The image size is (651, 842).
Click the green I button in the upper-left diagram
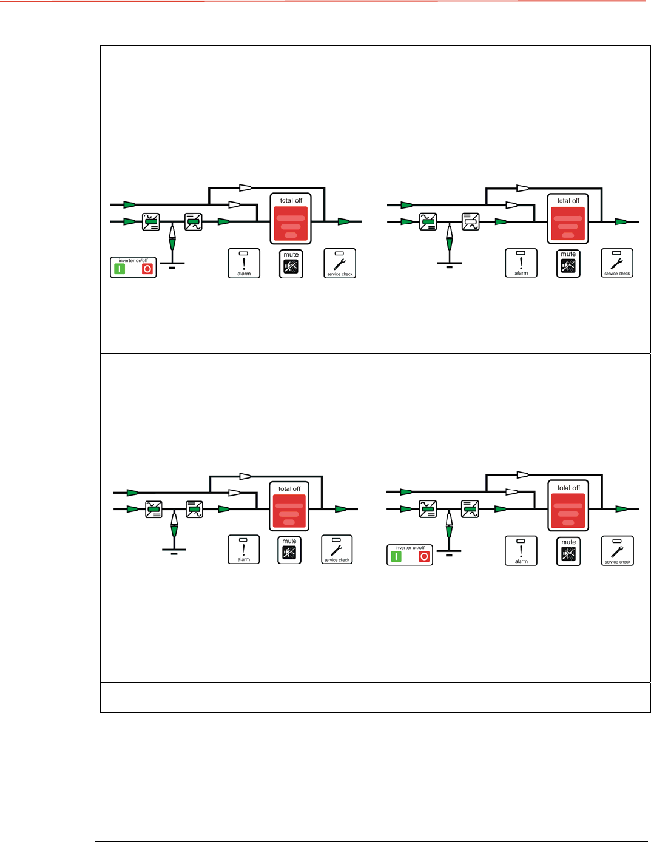click(120, 269)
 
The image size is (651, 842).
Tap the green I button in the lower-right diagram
click(396, 556)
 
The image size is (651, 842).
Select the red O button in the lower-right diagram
click(424, 556)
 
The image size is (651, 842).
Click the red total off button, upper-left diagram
click(291, 223)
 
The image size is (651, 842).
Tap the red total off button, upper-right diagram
click(568, 223)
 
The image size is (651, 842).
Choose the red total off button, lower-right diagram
click(568, 510)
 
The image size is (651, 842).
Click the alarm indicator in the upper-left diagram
click(244, 263)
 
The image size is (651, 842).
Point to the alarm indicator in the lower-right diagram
click(521, 551)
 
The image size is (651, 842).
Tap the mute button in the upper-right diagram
click(568, 264)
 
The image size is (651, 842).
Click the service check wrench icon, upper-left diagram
click(340, 263)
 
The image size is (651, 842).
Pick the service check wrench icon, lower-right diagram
click(617, 551)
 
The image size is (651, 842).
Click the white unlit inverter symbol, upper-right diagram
click(471, 221)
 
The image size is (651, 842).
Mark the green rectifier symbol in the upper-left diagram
click(151, 222)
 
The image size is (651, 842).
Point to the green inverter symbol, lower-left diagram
click(194, 509)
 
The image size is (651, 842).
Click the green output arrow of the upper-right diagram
click(621, 222)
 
